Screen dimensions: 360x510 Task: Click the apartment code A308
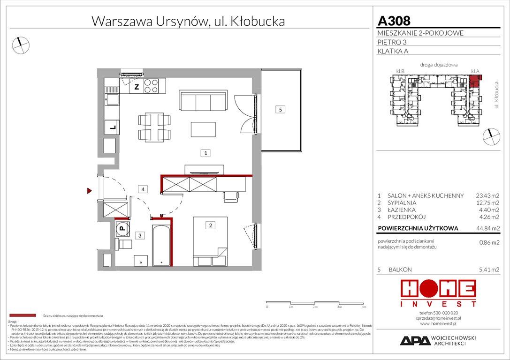tap(394, 21)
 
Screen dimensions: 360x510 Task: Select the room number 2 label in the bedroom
tap(211, 225)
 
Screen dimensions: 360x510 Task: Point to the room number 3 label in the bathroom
tap(139, 235)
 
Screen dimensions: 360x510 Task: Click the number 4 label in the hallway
tap(143, 189)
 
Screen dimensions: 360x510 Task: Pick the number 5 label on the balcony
tap(280, 110)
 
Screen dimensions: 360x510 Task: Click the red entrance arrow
tap(89, 190)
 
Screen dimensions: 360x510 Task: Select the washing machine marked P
tap(122, 229)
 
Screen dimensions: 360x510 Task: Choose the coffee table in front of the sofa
tap(203, 128)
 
